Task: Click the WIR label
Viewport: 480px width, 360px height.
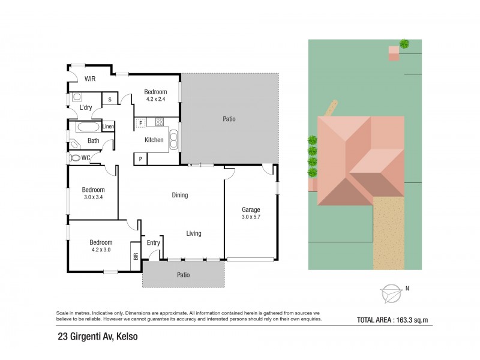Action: tap(90, 79)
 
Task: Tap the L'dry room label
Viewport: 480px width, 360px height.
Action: tap(86, 107)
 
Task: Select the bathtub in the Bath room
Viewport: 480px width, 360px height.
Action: tap(87, 127)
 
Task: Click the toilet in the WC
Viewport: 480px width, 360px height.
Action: tap(75, 158)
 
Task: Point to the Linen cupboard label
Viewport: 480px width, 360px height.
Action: tap(108, 127)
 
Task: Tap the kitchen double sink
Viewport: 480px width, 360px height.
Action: tap(174, 139)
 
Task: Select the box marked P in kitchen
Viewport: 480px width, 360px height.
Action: tap(140, 158)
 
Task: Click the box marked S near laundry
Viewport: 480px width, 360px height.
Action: tap(110, 100)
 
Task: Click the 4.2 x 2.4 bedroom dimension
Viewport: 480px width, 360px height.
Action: tap(155, 100)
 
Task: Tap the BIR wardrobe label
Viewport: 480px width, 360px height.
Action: tap(135, 256)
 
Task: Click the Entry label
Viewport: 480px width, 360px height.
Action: tap(153, 242)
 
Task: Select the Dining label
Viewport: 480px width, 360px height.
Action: tap(179, 195)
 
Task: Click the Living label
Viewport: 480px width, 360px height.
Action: tap(193, 233)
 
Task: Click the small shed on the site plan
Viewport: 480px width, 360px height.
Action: tap(393, 53)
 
